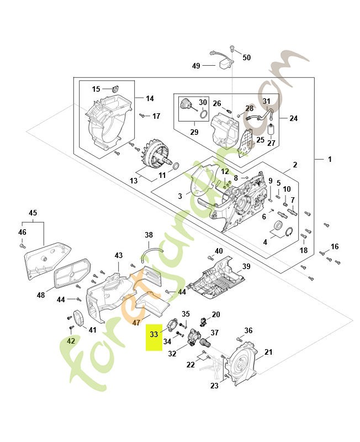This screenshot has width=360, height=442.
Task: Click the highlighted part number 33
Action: [153, 334]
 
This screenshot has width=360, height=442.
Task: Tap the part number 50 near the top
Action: [246, 57]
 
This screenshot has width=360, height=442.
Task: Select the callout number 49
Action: [196, 66]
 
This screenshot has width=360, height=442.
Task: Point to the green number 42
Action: [71, 341]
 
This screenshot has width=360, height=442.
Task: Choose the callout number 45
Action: [33, 213]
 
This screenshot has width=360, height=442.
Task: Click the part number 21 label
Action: [268, 352]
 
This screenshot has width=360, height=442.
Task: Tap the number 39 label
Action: [246, 266]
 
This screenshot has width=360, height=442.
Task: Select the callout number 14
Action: [150, 98]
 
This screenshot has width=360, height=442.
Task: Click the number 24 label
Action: [293, 118]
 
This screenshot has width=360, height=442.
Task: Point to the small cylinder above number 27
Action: [271, 130]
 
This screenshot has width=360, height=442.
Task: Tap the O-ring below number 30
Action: [204, 114]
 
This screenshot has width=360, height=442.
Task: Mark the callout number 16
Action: [335, 246]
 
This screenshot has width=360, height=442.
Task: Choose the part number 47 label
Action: [136, 322]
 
